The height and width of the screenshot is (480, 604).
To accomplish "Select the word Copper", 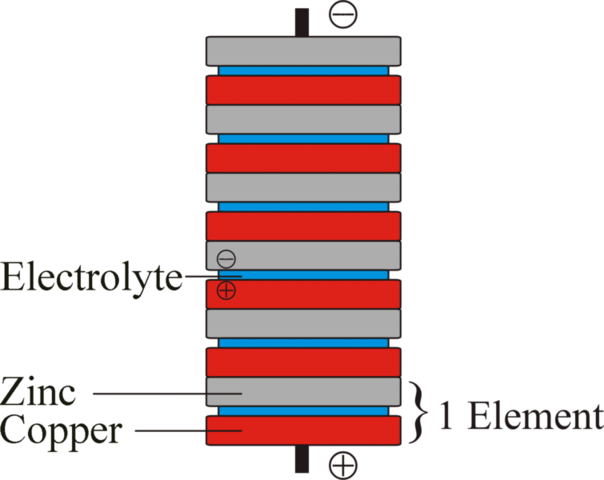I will coord(61,431).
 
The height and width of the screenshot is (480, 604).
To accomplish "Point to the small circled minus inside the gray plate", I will coord(226,257).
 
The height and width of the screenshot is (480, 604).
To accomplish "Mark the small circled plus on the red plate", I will coord(226,292).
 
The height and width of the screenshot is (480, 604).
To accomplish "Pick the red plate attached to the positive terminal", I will coord(302,430).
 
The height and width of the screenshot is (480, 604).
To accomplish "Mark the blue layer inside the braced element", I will coord(302,411).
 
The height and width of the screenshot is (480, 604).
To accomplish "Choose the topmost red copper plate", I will coord(302,90).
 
